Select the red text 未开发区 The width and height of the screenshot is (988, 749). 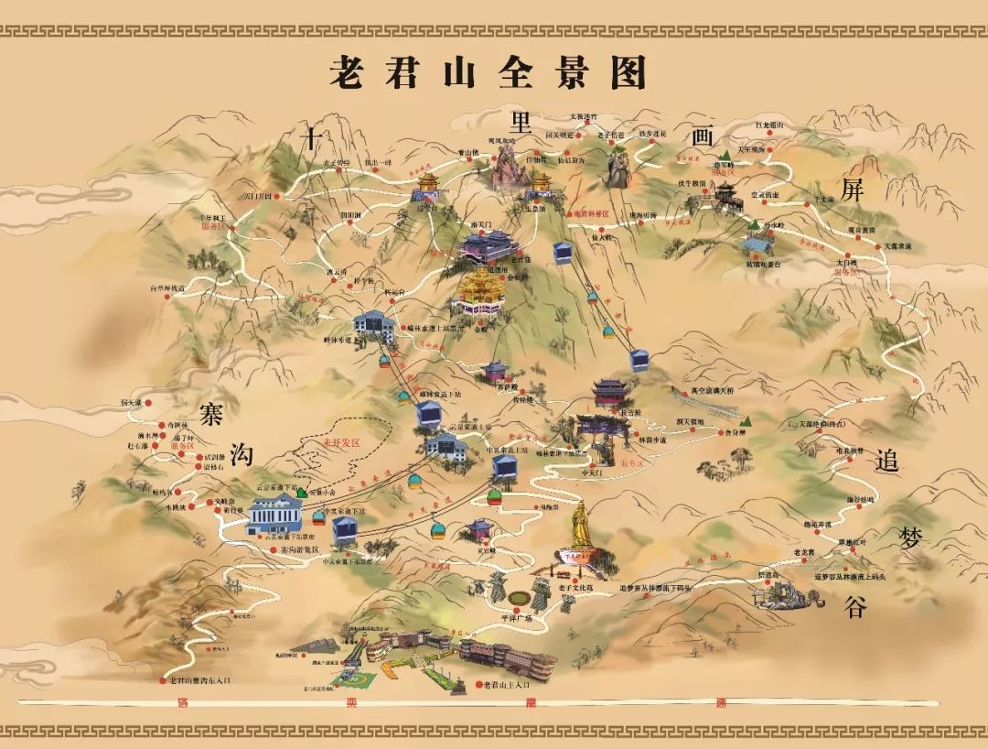click(x=341, y=443)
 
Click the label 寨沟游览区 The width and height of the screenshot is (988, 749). click(x=274, y=548)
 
